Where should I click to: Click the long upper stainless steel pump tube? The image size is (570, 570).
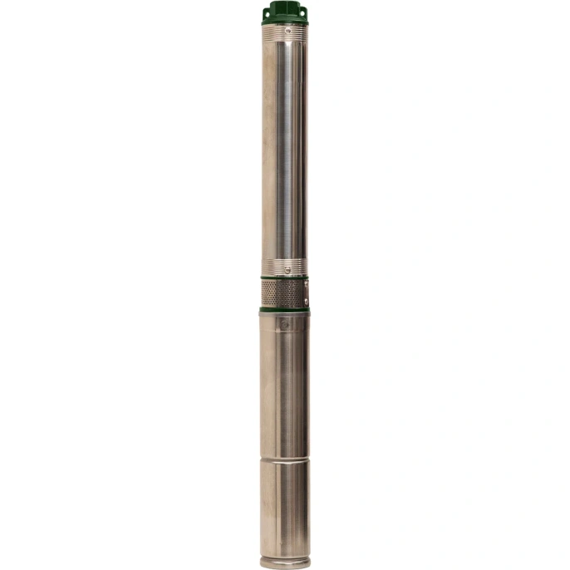pos(285,150)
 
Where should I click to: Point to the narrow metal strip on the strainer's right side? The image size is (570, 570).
pos(305,293)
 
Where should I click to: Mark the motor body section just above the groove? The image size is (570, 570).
pos(284,391)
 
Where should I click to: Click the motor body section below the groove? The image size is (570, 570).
pos(284,507)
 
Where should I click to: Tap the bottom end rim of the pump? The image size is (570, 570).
pos(285,562)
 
